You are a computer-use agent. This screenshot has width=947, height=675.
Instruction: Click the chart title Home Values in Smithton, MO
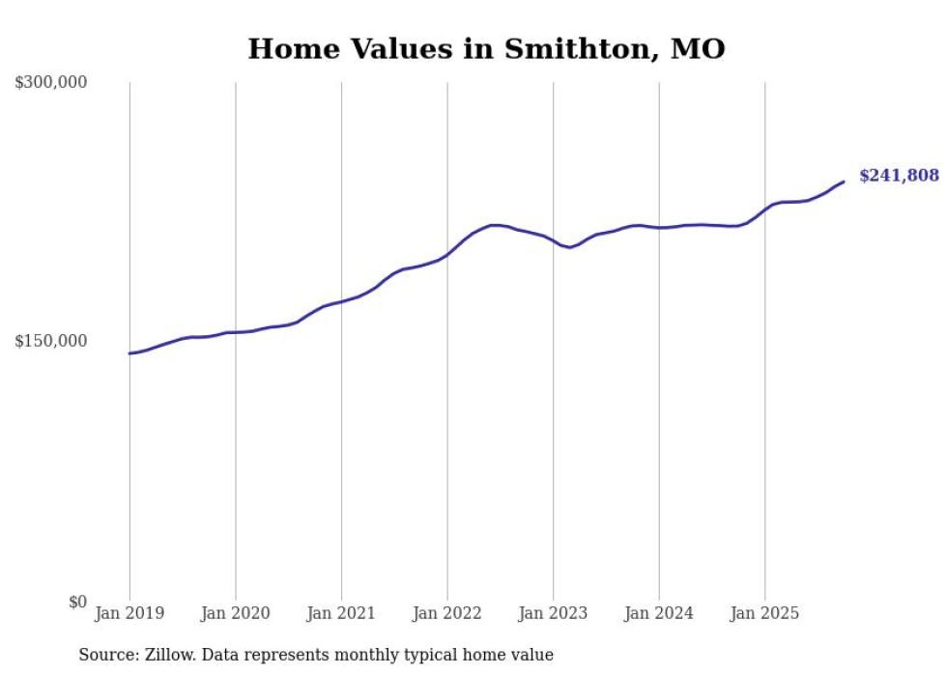point(486,48)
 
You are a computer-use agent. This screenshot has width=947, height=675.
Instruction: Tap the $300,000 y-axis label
point(51,83)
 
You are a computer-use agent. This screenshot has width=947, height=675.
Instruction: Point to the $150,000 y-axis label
point(51,341)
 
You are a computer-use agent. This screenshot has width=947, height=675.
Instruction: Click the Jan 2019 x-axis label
point(129,613)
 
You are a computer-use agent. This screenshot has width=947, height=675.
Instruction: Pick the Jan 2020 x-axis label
point(235,613)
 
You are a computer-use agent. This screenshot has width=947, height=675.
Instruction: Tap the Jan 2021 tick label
point(341,613)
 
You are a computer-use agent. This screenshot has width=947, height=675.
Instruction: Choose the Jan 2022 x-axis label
point(446,613)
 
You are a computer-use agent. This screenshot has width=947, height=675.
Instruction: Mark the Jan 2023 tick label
point(553,613)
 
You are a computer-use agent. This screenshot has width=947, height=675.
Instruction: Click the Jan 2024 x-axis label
point(658,613)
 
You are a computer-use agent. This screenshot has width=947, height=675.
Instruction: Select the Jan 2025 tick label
point(764,613)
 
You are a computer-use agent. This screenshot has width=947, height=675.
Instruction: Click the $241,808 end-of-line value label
point(899,176)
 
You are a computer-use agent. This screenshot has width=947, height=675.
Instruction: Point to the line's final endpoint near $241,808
point(844,182)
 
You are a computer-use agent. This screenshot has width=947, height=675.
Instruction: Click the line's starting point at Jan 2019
point(129,353)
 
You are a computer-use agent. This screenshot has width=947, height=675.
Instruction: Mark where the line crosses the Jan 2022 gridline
point(446,255)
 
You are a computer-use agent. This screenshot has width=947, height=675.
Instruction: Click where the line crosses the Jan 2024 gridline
point(659,228)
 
